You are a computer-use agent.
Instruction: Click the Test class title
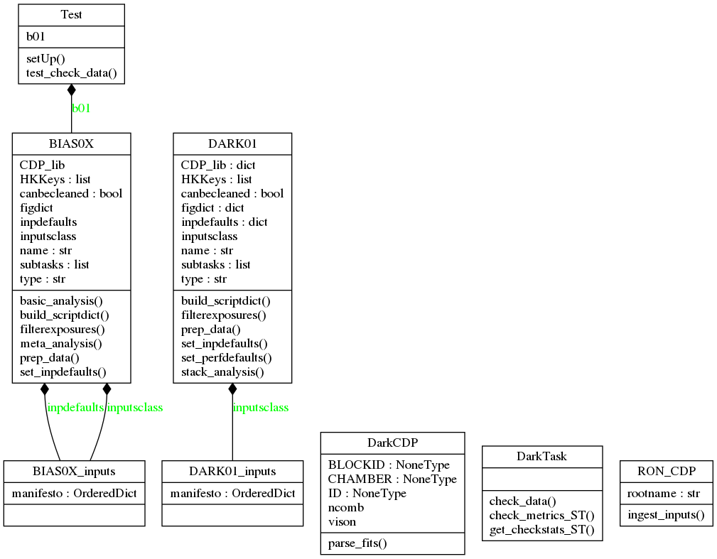point(71,15)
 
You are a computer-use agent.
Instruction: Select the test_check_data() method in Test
point(71,72)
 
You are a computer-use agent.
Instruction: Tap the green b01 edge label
point(81,108)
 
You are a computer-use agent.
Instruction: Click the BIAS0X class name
point(71,143)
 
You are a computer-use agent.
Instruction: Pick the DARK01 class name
point(232,143)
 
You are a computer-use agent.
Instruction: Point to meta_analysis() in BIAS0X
point(61,343)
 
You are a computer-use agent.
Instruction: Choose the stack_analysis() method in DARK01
point(222,371)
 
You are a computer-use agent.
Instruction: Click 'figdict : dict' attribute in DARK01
point(212,207)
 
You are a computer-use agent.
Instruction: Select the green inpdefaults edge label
point(75,408)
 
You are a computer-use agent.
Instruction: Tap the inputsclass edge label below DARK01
point(261,408)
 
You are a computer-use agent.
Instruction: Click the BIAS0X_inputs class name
point(74,471)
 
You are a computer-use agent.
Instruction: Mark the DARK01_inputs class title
point(232,471)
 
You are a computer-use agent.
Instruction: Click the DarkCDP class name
point(392,443)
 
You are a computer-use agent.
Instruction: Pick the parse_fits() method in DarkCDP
point(357,543)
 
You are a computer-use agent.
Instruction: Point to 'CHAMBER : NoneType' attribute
point(392,479)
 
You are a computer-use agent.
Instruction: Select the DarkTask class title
point(541,456)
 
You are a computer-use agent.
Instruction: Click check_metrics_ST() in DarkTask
point(541,515)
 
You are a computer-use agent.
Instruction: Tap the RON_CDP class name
point(666,471)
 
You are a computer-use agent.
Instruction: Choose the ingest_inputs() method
point(666,514)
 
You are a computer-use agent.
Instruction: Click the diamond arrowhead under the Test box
point(71,90)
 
